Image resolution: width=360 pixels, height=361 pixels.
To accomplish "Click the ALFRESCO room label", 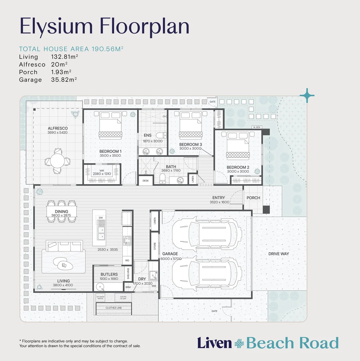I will tap(57, 128).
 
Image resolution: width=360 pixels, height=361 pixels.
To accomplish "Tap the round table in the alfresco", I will tap(57, 160).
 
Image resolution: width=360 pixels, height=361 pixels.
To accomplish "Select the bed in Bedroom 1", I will tap(110, 126).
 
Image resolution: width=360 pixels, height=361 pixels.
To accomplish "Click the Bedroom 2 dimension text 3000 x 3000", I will tap(238, 171).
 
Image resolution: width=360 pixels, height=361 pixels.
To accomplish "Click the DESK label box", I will tap(146, 180).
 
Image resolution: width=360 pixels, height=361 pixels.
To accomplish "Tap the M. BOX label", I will tap(257, 127).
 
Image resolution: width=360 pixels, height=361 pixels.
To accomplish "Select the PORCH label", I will tap(253, 198).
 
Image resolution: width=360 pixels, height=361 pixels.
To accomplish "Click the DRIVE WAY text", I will tap(278, 254).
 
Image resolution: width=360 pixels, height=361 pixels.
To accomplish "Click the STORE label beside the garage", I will tap(155, 247).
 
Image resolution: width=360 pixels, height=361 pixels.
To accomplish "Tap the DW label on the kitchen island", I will tap(101, 218).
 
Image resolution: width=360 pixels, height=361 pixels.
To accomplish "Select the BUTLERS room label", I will tap(109, 274).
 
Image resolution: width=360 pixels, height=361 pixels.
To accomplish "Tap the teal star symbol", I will tap(307, 96).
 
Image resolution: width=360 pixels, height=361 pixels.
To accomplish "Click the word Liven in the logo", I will tap(214, 343).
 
